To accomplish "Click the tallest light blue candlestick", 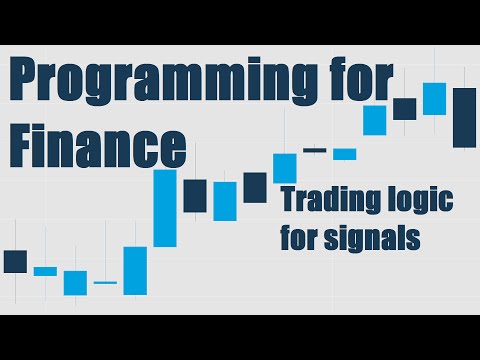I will [x=165, y=208].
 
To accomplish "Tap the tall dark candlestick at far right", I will [x=464, y=117].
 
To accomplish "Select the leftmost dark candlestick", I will [x=15, y=261].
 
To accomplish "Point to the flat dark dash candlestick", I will [x=315, y=150].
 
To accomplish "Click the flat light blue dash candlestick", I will [x=105, y=283].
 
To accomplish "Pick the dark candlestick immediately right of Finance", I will [x=195, y=195].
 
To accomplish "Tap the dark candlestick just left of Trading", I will [x=255, y=187].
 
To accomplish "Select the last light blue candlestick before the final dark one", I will [x=433, y=98].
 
